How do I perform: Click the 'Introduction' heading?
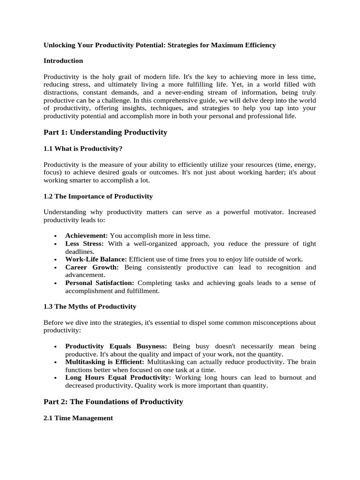(63, 60)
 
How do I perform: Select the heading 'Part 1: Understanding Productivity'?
(105, 132)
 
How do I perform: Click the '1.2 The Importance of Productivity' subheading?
(98, 196)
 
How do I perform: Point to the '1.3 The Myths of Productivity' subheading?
(90, 306)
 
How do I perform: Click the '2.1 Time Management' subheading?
(78, 418)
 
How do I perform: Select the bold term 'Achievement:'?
(87, 236)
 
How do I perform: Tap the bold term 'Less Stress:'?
(86, 244)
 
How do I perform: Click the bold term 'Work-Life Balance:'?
(96, 259)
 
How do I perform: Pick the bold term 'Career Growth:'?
(92, 267)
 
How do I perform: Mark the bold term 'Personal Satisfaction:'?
(100, 283)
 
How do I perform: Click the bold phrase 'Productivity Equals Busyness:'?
(116, 346)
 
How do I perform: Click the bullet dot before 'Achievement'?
(55, 236)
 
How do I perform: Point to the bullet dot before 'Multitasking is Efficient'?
(55, 362)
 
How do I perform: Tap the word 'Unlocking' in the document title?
(59, 45)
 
